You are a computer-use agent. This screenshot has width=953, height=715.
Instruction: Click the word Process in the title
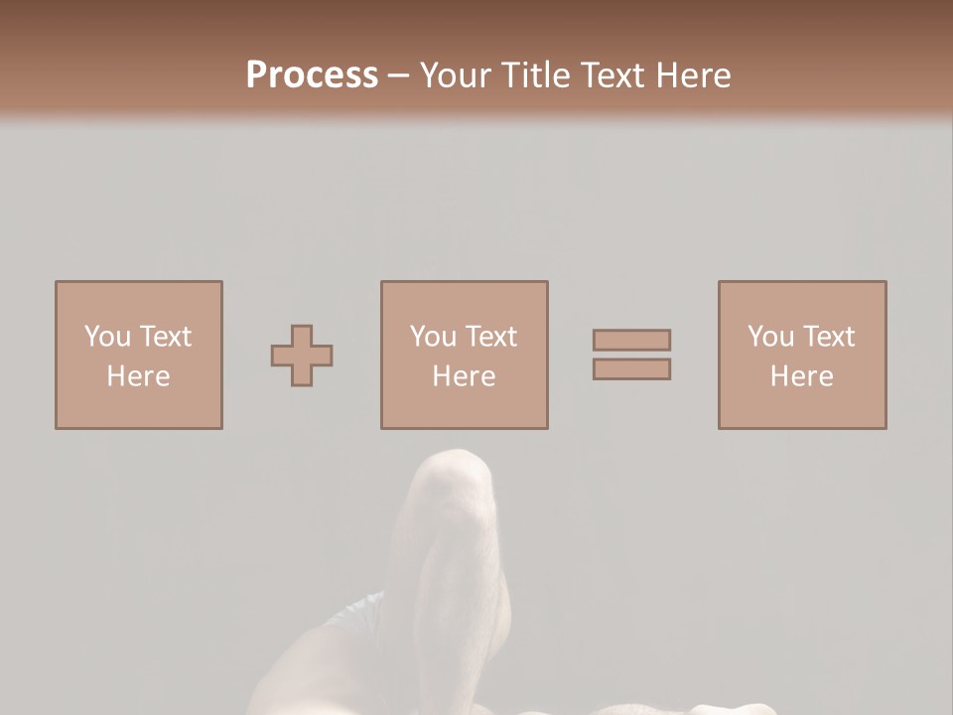(312, 75)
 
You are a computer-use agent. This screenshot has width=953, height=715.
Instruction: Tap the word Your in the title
(456, 75)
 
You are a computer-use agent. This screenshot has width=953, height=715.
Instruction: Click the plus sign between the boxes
(302, 356)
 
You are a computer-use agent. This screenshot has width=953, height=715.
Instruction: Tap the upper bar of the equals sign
(631, 340)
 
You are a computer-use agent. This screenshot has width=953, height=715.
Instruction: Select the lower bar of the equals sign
(631, 369)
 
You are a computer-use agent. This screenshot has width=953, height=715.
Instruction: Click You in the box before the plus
(107, 337)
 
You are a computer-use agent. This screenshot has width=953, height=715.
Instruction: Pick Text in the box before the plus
(164, 337)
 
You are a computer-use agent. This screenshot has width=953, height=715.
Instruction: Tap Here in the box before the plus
(138, 376)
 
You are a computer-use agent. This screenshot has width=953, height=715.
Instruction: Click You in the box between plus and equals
(433, 337)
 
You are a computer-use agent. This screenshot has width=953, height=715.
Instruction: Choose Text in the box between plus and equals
(489, 337)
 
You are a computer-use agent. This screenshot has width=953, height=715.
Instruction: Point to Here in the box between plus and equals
(464, 376)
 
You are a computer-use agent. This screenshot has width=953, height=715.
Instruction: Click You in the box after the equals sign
(770, 337)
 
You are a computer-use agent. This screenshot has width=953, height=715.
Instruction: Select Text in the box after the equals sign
(827, 337)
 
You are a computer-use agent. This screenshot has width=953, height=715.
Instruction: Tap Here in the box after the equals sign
(801, 376)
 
